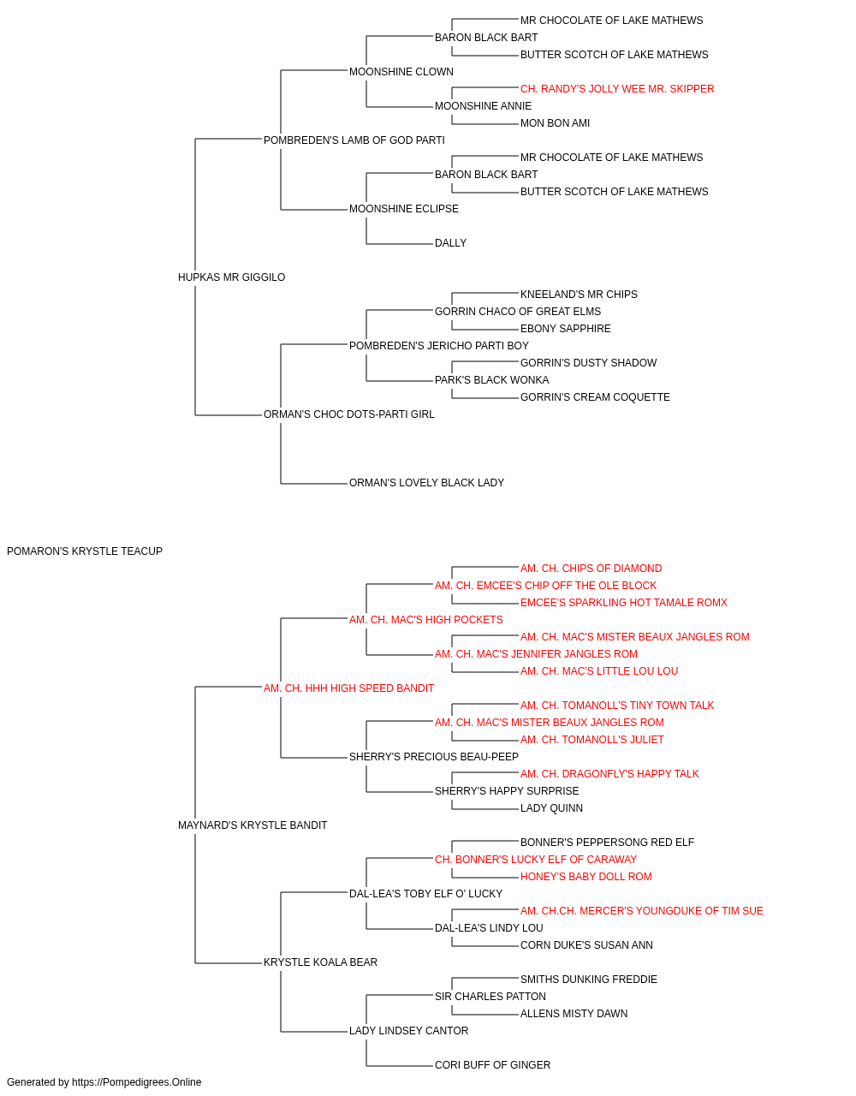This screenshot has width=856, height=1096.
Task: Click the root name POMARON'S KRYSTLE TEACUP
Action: [85, 551]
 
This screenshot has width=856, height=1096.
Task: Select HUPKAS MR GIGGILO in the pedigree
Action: [231, 277]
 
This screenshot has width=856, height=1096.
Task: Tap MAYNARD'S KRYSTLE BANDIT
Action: [253, 825]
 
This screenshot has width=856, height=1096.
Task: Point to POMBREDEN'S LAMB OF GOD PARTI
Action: [354, 140]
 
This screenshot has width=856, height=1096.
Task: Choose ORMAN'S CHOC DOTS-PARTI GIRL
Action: [349, 414]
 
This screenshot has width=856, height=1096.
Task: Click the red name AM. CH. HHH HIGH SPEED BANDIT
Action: [349, 688]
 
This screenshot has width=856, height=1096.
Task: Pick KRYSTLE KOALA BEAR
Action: [321, 962]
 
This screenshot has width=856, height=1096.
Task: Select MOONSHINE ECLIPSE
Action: [404, 209]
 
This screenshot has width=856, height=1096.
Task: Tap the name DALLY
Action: [451, 243]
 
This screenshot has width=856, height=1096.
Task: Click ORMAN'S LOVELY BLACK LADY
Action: [426, 483]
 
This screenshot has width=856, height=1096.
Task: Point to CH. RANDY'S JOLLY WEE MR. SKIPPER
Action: [617, 89]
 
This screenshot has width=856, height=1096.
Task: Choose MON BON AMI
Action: [555, 123]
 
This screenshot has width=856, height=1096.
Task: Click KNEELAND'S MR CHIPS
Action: [579, 295]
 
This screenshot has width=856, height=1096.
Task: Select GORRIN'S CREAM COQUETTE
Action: [595, 397]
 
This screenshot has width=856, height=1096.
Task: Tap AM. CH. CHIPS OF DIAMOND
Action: [591, 569]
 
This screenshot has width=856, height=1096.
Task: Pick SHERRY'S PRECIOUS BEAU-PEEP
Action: [433, 757]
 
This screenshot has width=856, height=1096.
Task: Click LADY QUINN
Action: [551, 808]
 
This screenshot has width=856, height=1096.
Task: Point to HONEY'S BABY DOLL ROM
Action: [586, 877]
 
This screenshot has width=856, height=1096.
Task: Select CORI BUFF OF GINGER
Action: [492, 1065]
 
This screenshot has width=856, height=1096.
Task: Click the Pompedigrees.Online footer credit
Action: [104, 1082]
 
